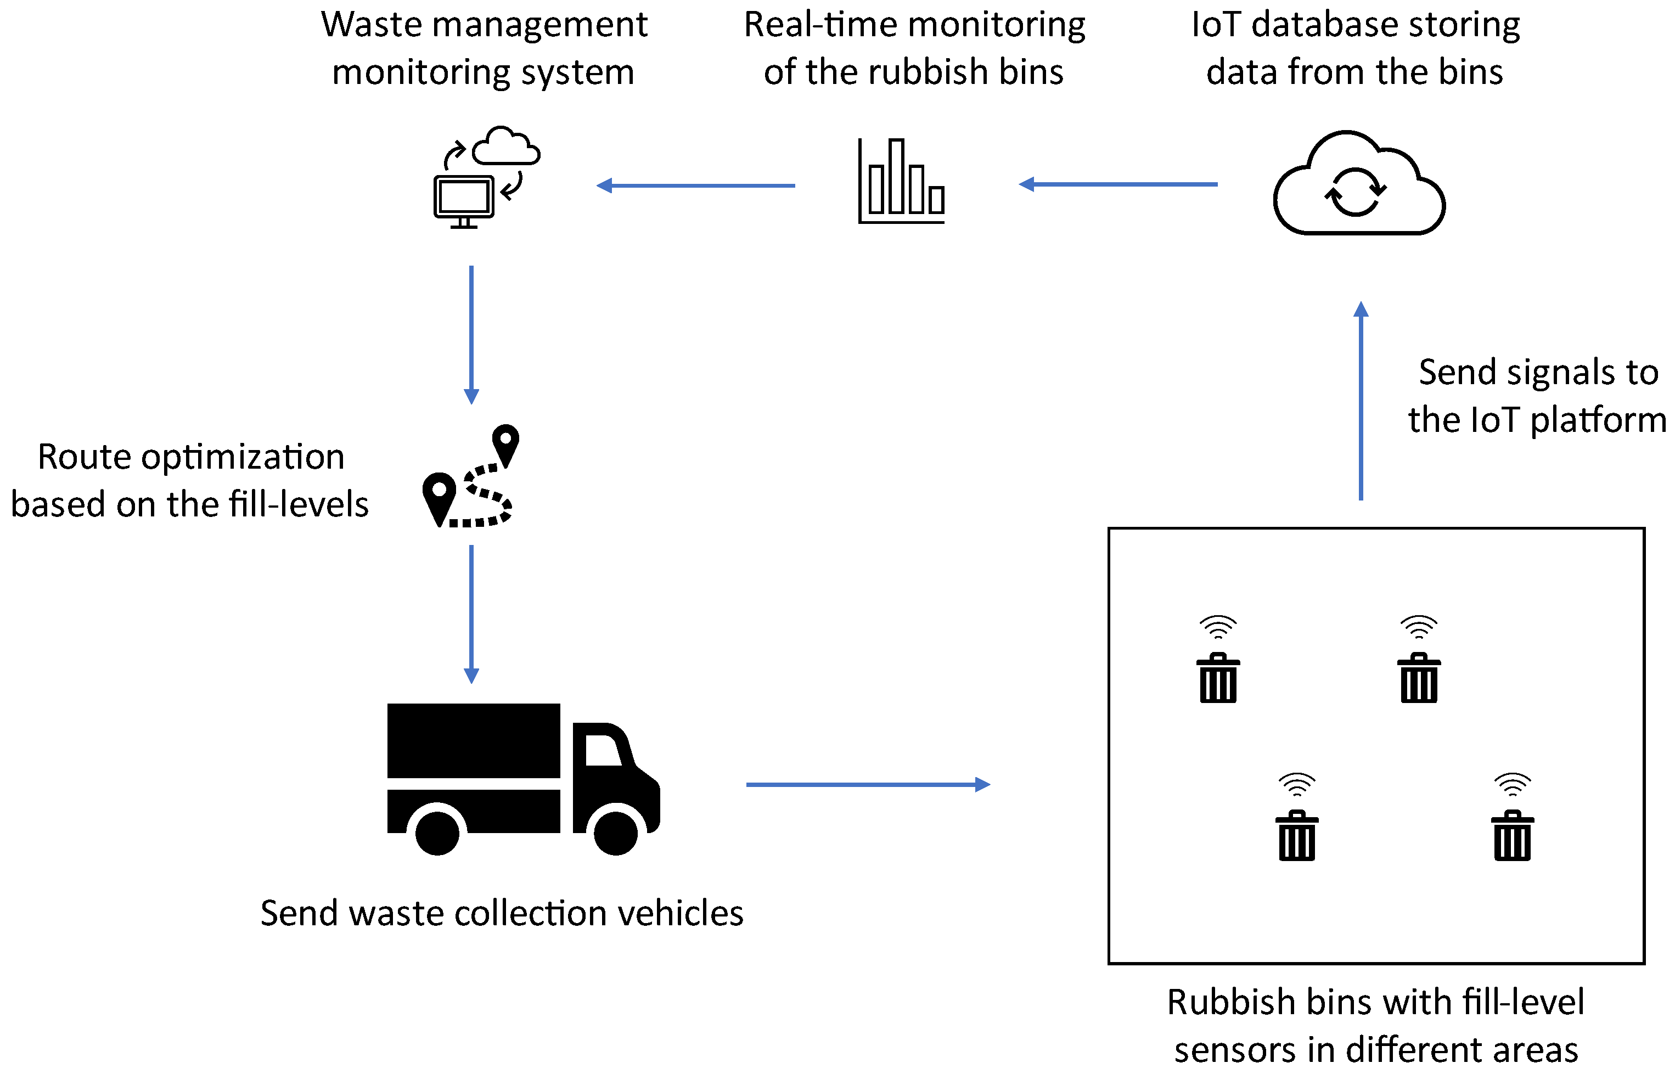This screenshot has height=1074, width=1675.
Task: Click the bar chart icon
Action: pyautogui.click(x=901, y=183)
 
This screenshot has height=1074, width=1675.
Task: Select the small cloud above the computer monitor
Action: pyautogui.click(x=506, y=147)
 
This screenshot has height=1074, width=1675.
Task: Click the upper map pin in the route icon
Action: pyautogui.click(x=505, y=443)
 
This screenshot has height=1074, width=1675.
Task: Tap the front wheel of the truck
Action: pyautogui.click(x=616, y=831)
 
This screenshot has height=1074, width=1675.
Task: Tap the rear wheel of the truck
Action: pyautogui.click(x=437, y=831)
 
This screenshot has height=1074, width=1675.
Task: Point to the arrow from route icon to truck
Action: pyautogui.click(x=471, y=614)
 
